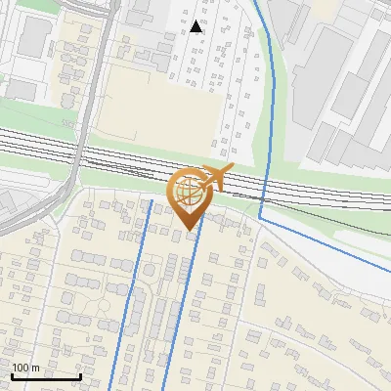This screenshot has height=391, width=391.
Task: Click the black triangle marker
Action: click(x=197, y=26)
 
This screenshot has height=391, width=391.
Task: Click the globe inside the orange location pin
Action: click(x=189, y=193)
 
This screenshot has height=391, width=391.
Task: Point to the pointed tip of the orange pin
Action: click(x=190, y=231)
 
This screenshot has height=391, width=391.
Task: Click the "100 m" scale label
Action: click(x=25, y=368)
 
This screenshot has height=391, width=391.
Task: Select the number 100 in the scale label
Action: click(x=21, y=368)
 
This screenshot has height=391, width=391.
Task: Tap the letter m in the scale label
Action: click(x=34, y=368)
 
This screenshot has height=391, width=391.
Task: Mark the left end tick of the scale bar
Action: click(x=12, y=374)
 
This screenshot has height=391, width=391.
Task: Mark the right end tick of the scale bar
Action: click(x=80, y=374)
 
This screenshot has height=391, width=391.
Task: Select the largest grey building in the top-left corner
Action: click(x=33, y=37)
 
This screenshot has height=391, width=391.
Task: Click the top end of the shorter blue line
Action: click(x=152, y=200)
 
